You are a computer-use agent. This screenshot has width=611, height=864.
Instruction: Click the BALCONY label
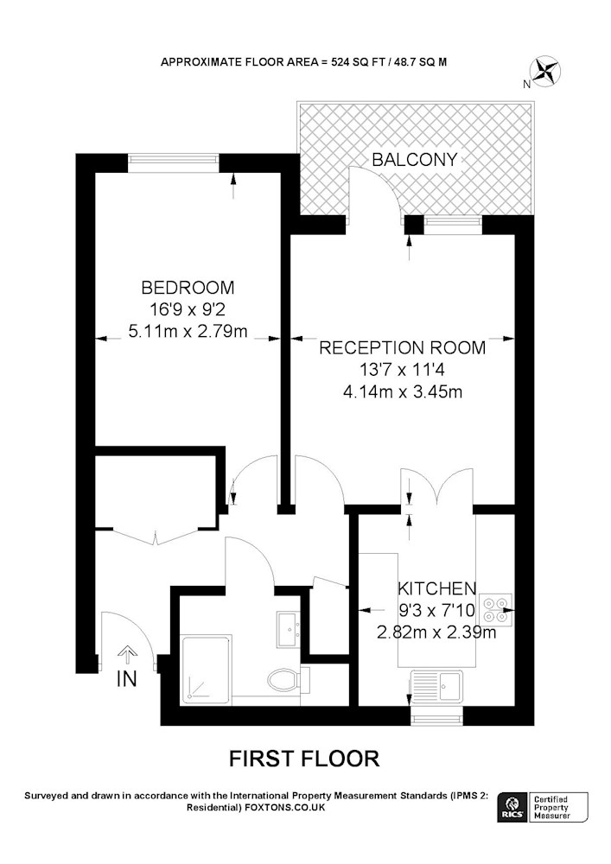click(x=414, y=160)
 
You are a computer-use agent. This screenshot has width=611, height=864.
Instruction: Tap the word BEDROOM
click(x=188, y=287)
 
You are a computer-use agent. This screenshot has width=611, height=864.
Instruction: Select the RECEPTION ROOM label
click(x=403, y=347)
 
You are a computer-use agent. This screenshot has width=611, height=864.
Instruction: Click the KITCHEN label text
click(x=437, y=588)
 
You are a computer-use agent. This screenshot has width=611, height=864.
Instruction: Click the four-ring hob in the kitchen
click(x=496, y=610)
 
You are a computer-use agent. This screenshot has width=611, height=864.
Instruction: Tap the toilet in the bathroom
click(x=286, y=679)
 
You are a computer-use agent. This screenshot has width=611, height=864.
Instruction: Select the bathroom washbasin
click(x=288, y=629)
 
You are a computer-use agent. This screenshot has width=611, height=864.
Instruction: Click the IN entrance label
click(x=127, y=679)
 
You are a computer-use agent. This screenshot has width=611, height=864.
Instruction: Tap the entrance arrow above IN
click(x=127, y=654)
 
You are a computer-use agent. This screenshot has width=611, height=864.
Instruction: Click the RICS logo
click(x=510, y=807)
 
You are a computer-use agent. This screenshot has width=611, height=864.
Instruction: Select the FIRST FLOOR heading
click(x=304, y=759)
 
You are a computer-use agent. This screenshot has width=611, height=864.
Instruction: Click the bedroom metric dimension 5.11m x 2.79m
click(x=188, y=331)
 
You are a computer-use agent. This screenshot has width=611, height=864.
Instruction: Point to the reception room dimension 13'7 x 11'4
click(x=402, y=370)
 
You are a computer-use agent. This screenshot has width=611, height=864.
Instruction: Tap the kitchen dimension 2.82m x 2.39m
click(x=436, y=632)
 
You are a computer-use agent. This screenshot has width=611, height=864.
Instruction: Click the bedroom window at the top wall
click(x=174, y=160)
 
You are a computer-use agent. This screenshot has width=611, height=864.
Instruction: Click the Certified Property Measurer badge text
click(x=552, y=807)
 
